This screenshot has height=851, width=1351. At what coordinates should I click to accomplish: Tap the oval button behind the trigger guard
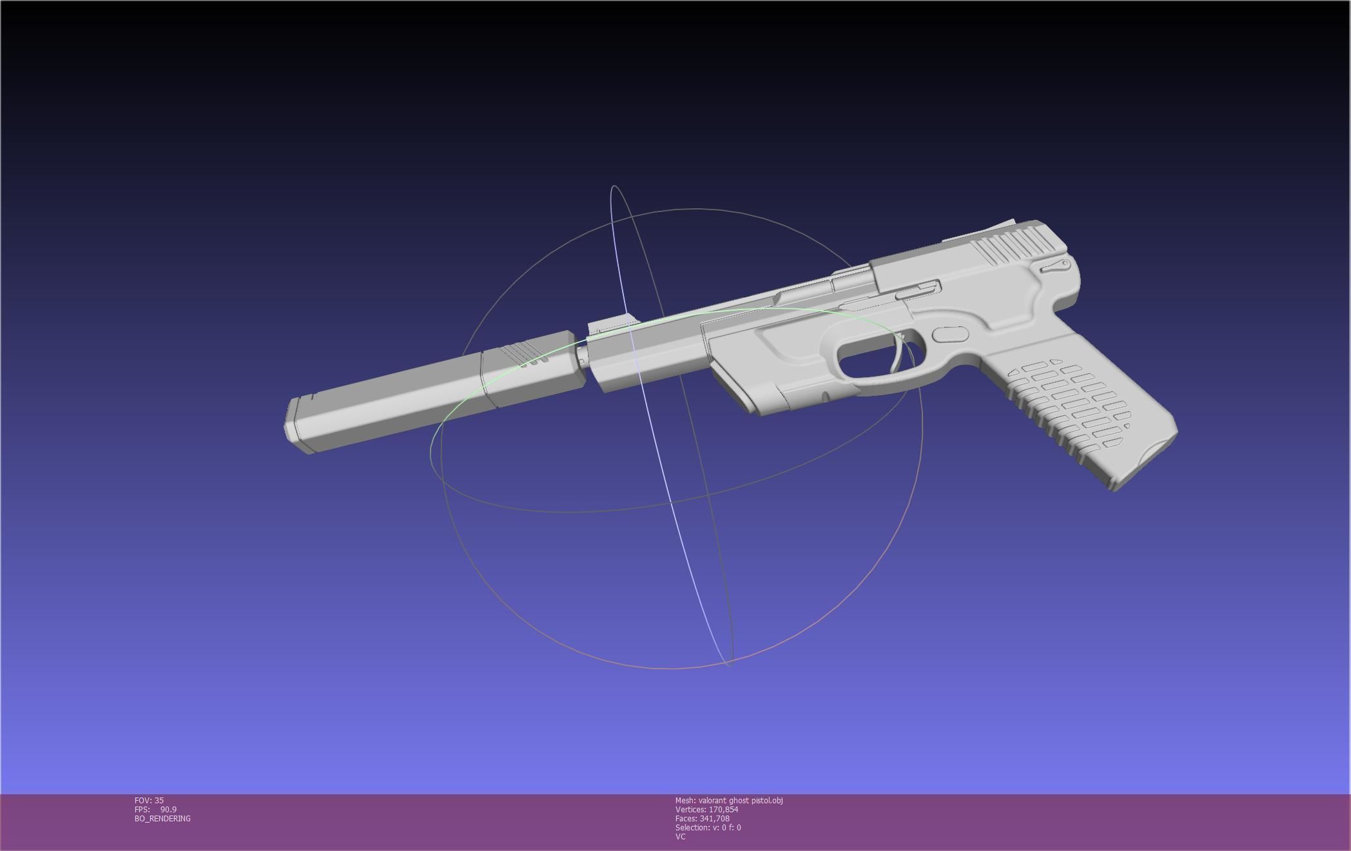pos(951,334)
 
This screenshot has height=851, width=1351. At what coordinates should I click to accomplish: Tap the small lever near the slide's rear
pos(1056,265)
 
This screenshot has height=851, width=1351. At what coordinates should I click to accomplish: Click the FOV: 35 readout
pos(149,801)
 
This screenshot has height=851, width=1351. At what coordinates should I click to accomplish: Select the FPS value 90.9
pos(168,810)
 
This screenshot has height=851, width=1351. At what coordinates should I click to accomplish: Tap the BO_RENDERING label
pos(162,819)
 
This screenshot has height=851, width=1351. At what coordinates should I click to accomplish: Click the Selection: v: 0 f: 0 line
pos(708,828)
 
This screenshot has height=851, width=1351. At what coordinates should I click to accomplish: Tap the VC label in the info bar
pos(680,837)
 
